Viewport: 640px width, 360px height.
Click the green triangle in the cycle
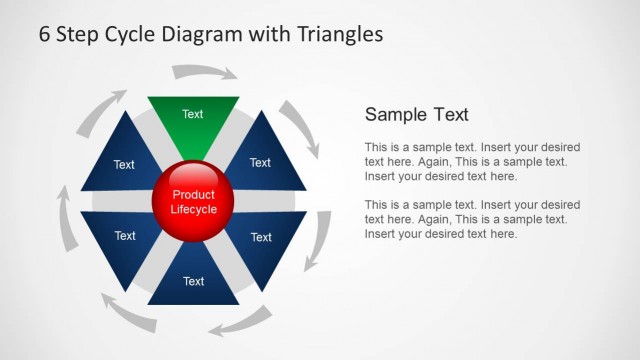(193, 123)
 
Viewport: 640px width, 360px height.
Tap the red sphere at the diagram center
(193, 202)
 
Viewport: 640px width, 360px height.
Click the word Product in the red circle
(193, 195)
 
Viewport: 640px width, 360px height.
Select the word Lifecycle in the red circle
(193, 209)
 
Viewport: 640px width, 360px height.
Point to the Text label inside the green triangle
(193, 114)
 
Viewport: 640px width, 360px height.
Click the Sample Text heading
(416, 114)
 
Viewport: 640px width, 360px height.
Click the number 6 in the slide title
(45, 34)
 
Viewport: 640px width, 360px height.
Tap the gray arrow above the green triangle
(204, 73)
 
